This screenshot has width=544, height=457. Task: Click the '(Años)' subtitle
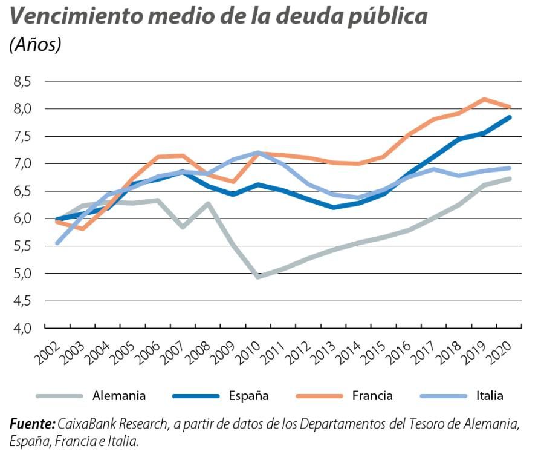pos(35,45)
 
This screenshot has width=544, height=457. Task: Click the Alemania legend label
pos(119,396)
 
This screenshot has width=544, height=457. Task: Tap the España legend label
pos(248,396)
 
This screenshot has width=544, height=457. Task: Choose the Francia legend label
pos(372,396)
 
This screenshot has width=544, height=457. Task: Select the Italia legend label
pos(489,396)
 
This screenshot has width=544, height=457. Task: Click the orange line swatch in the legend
pos(319,396)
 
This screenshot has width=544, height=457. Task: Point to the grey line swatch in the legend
pos(59,396)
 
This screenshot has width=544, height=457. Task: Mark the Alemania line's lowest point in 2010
pos(259,277)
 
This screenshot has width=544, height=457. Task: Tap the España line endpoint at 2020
pos(510,117)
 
